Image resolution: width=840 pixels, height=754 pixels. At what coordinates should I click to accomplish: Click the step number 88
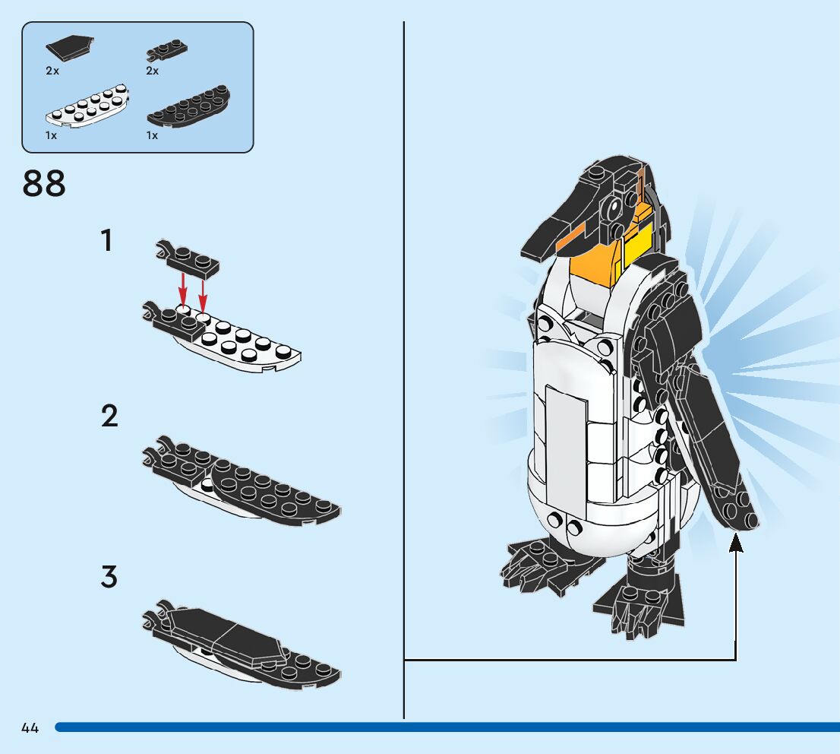[x=44, y=183]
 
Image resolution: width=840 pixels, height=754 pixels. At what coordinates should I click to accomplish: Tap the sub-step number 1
[x=107, y=239]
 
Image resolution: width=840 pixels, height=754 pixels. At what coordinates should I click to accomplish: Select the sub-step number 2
[x=109, y=417]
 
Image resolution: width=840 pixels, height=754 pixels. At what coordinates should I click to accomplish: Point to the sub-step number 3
[x=109, y=576]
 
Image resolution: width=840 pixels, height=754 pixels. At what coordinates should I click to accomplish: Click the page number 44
[x=30, y=727]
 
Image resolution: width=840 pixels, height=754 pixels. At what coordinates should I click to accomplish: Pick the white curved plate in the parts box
[x=87, y=106]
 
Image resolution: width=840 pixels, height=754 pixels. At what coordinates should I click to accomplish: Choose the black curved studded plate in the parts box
[x=188, y=106]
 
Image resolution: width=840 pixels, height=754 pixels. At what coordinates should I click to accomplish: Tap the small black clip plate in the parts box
[x=166, y=50]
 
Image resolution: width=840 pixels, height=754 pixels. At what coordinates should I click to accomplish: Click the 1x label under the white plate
[x=52, y=136]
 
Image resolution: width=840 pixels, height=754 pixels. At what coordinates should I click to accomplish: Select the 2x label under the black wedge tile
[x=52, y=71]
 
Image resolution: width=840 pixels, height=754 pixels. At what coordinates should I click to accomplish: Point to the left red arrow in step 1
[x=183, y=290]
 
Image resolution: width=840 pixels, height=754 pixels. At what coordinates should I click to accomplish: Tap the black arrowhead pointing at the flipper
[x=736, y=542]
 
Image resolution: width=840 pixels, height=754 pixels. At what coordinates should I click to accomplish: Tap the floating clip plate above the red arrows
[x=188, y=258]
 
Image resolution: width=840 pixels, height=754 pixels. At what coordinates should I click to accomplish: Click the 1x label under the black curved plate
[x=152, y=136]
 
